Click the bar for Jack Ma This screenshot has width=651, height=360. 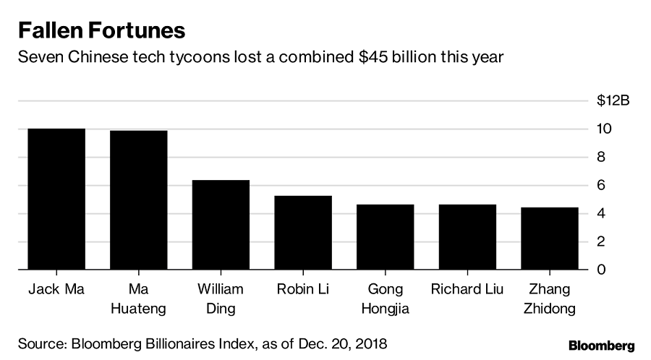tap(56, 200)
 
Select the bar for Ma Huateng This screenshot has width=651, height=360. tap(138, 200)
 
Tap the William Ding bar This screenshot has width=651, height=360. tap(221, 225)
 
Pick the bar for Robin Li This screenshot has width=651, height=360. tap(302, 233)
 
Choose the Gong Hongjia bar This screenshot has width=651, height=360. tap(385, 237)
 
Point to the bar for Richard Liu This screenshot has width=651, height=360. tap(467, 237)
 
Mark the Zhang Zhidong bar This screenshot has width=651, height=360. tap(549, 239)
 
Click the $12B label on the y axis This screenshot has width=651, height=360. tap(613, 100)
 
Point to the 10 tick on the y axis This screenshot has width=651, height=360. tap(603, 129)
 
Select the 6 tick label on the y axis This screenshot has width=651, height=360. tap(600, 185)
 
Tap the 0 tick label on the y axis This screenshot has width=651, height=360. tap(600, 270)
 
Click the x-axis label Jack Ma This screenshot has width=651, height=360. tap(56, 290)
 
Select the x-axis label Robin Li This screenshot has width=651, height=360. tap(302, 290)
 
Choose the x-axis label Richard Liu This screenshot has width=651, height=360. tap(467, 290)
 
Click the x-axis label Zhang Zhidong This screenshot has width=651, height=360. tap(549, 299)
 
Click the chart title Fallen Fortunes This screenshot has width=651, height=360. tap(102, 30)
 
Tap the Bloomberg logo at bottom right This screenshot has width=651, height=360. tap(601, 344)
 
